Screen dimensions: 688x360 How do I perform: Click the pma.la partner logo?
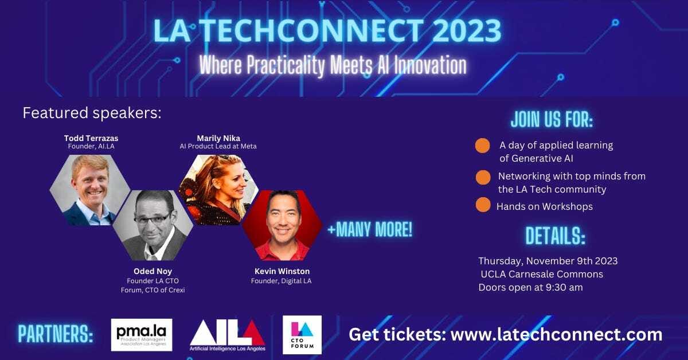[142, 335]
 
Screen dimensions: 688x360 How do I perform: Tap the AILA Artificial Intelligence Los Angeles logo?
[227, 335]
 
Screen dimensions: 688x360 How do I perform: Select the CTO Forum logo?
[302, 335]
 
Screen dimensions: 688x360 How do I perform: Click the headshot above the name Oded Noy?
[153, 225]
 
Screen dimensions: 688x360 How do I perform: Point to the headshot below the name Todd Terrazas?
[90, 190]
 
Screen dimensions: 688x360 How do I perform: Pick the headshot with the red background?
[282, 225]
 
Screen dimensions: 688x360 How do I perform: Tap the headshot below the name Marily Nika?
[218, 190]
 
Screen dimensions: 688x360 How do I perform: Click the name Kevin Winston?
[282, 271]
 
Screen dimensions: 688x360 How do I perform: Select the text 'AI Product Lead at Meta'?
[218, 146]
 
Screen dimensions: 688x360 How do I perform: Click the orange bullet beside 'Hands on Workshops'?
[483, 205]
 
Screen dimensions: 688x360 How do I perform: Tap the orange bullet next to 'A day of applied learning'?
[483, 146]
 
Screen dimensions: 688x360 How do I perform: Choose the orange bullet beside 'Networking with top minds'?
[483, 178]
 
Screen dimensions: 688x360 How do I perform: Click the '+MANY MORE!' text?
[370, 229]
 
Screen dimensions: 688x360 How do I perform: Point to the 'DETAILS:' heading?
[556, 236]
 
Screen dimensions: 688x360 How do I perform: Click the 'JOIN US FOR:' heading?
[552, 119]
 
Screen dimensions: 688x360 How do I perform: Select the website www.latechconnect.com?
[557, 334]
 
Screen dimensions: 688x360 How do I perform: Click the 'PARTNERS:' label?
[56, 334]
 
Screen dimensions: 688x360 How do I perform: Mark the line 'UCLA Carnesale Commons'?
[542, 274]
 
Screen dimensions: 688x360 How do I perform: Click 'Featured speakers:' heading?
[92, 113]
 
